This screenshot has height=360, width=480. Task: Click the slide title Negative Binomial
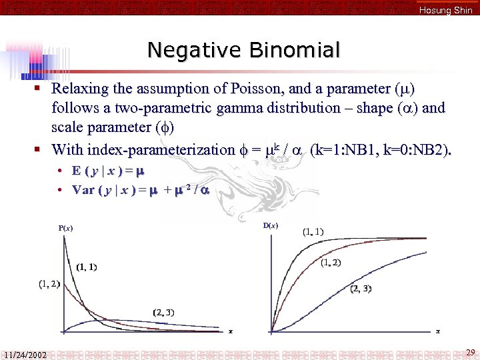click(x=243, y=50)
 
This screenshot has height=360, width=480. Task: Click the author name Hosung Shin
click(x=445, y=10)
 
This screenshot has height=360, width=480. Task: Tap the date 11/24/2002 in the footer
click(x=24, y=355)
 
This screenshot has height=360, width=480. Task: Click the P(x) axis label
click(x=65, y=228)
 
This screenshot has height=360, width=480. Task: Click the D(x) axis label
click(x=271, y=225)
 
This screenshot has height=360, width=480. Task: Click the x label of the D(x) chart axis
click(x=437, y=331)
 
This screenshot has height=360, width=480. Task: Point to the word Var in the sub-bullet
click(x=83, y=189)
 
